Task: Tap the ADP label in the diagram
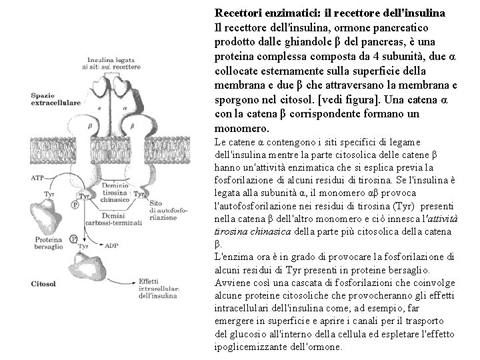111,244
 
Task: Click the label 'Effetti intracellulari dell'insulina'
160,287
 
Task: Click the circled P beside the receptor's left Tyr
75,205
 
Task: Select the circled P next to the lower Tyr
73,239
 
